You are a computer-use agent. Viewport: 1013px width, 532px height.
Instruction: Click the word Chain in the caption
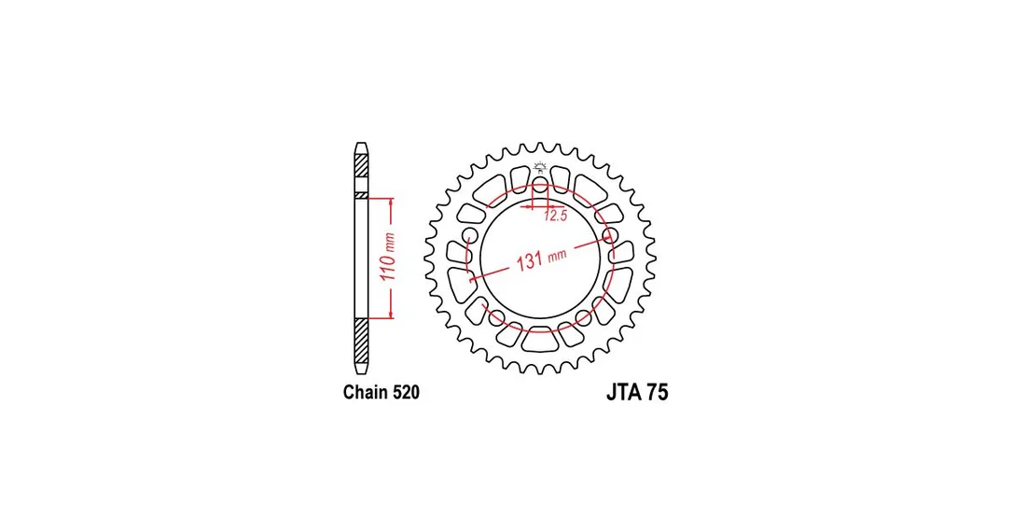[364, 392]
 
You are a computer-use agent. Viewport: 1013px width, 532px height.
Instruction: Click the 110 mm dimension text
[388, 257]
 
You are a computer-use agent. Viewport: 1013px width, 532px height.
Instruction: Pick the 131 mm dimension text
[541, 259]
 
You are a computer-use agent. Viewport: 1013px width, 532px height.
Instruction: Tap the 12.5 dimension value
[555, 216]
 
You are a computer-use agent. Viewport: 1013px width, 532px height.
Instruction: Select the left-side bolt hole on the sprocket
[470, 234]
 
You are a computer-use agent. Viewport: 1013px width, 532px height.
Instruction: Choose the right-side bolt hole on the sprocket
[609, 234]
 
